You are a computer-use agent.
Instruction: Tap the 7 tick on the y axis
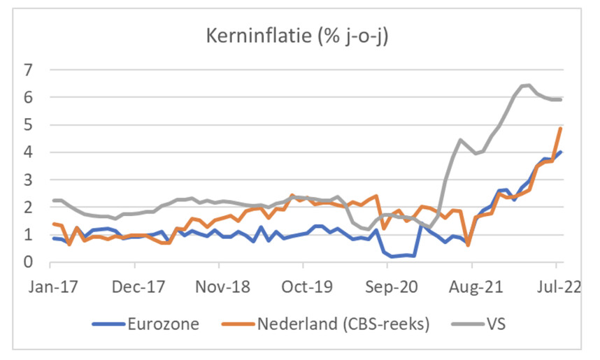pos(28,71)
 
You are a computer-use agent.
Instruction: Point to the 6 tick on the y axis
pos(28,98)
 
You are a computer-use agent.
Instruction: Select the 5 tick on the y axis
pos(28,125)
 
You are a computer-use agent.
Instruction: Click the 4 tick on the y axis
pos(28,152)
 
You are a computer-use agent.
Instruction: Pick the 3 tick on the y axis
pos(28,180)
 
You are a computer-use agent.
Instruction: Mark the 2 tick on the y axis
pos(28,208)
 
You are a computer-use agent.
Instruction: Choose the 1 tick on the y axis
pos(28,235)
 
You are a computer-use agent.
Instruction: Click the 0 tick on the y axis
pos(28,262)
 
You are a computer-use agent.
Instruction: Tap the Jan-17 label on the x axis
pos(50,286)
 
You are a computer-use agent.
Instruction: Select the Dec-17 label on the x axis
pos(134,286)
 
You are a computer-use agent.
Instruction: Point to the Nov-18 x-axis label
pos(219,286)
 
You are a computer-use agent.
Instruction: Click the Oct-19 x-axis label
pos(303,286)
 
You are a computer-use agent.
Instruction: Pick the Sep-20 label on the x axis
pos(387,286)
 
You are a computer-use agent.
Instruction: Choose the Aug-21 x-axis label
pos(471,286)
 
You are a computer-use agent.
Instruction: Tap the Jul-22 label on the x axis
pos(555,286)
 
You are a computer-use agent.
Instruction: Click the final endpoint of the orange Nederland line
pos(561,129)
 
